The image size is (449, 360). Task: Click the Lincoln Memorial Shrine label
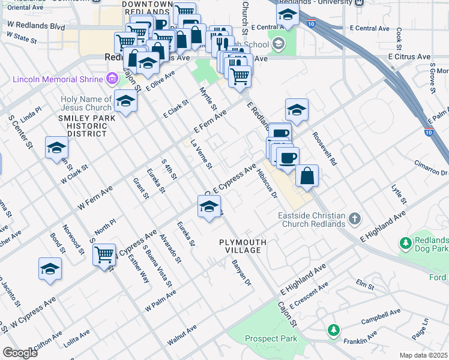click(x=57, y=79)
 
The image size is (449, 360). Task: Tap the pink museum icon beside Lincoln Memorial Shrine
click(x=111, y=79)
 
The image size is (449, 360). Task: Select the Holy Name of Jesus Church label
click(x=86, y=103)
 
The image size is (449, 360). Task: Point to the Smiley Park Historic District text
click(x=86, y=125)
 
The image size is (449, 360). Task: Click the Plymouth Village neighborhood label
click(x=242, y=246)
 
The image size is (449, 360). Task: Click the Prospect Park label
click(x=271, y=338)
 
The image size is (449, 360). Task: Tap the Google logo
click(x=20, y=353)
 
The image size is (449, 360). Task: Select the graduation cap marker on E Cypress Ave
click(x=208, y=208)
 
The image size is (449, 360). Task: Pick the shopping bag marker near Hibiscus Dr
click(x=307, y=175)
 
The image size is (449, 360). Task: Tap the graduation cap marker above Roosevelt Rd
click(x=297, y=110)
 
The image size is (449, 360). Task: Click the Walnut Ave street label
click(x=182, y=335)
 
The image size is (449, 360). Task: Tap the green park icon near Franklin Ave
click(x=333, y=330)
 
